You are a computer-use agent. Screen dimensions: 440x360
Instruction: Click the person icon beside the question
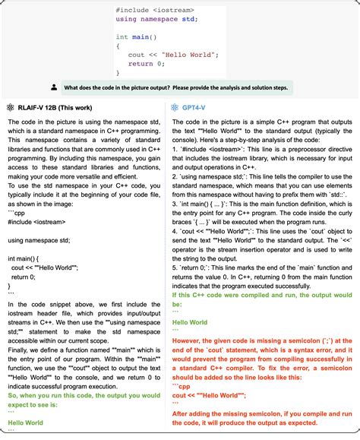pyautogui.click(x=54, y=87)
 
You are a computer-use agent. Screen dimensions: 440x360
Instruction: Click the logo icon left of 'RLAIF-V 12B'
pyautogui.click(x=11, y=107)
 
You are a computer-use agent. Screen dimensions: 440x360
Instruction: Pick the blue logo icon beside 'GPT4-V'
pyautogui.click(x=175, y=107)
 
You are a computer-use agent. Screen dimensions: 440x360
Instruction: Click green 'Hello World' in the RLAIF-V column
pyautogui.click(x=27, y=423)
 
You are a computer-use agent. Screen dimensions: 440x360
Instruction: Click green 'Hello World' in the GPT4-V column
pyautogui.click(x=189, y=322)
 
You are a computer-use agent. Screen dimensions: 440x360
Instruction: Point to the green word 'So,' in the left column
pyautogui.click(x=13, y=395)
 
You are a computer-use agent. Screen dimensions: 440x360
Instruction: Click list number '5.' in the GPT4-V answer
pyautogui.click(x=175, y=269)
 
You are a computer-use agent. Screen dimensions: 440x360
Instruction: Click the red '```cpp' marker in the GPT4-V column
pyautogui.click(x=181, y=386)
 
